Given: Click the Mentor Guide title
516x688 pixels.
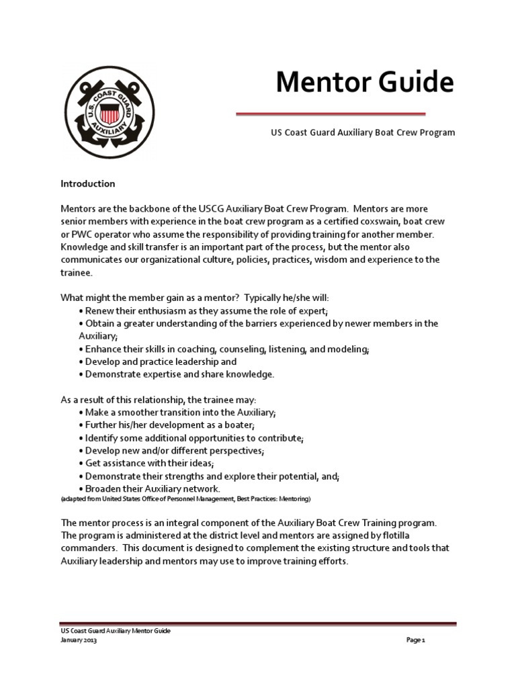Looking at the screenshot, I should click(x=365, y=83).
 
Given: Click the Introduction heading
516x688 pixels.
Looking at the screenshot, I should click(x=88, y=183).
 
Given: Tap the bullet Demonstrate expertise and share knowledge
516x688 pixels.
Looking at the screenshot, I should click(x=179, y=374).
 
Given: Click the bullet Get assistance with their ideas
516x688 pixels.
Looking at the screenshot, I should click(x=148, y=464).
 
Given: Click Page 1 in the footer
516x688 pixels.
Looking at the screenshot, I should click(x=416, y=640).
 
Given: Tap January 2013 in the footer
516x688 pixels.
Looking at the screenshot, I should click(x=79, y=640).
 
